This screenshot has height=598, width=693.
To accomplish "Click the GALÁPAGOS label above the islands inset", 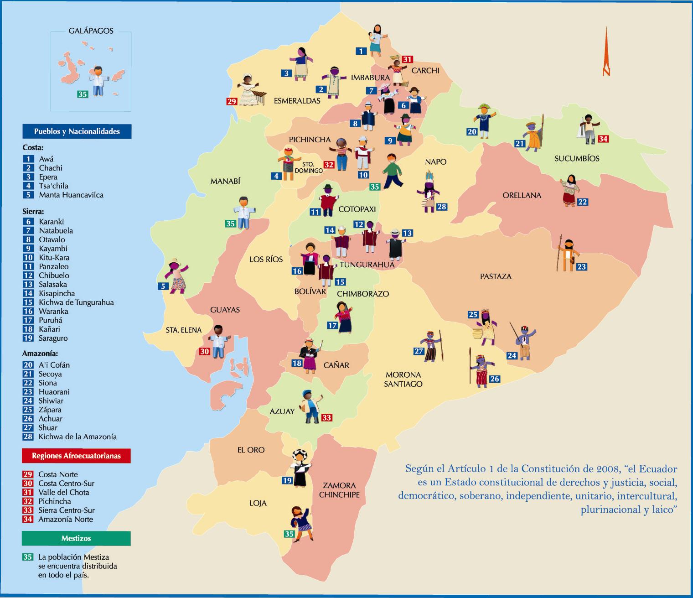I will (x=91, y=31).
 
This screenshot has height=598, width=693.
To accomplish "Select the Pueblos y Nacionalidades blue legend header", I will (x=77, y=131).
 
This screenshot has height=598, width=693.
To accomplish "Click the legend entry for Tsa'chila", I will (x=53, y=186).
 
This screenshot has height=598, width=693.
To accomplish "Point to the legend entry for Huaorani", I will (x=54, y=392).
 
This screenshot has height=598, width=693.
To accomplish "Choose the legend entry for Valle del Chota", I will (x=63, y=492).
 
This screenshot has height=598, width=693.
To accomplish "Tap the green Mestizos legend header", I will (x=76, y=538).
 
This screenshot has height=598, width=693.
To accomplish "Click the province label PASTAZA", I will (x=496, y=276).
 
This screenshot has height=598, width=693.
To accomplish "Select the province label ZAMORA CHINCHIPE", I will (x=339, y=490).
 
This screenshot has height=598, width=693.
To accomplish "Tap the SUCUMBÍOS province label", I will (x=577, y=159).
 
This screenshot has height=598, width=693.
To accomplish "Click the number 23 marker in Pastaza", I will (x=581, y=267).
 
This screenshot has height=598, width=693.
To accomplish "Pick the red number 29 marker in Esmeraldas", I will (x=232, y=101).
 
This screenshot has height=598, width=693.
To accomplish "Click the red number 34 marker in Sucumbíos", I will (x=603, y=139).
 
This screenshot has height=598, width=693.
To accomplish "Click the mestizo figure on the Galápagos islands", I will (x=98, y=80).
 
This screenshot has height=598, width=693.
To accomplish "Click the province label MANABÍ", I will (x=225, y=182).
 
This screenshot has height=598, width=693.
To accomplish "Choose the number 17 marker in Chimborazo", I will (x=332, y=325).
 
